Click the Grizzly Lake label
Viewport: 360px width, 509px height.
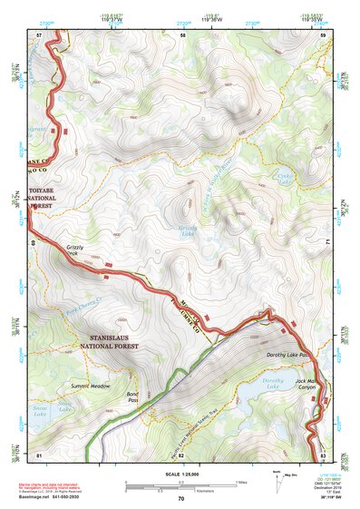point(187,231)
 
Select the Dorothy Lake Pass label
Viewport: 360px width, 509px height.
point(289,354)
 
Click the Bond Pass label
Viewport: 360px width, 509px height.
point(132,396)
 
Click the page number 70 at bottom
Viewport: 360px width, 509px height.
point(180,499)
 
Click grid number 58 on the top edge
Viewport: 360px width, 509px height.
point(182,35)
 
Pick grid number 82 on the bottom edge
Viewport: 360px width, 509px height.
point(180,454)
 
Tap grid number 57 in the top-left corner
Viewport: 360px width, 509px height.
point(39,35)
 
